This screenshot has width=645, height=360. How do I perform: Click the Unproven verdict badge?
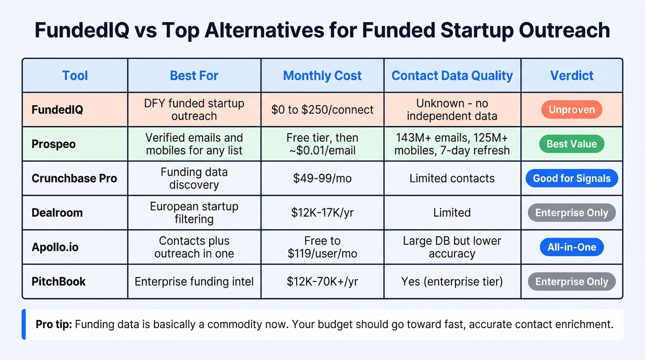571,110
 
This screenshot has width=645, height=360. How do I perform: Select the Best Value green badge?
571,144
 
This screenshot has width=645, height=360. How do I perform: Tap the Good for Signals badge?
571,178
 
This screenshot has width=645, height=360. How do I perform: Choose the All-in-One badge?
571,247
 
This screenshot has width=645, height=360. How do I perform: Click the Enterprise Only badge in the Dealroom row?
571,213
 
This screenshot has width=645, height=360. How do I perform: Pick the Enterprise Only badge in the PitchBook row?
571,282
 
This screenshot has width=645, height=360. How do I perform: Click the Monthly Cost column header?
322,76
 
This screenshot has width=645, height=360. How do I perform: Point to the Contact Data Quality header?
452,76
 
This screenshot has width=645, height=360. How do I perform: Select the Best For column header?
194,76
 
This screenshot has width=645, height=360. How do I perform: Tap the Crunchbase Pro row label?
74,178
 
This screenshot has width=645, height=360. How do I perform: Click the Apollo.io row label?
55,247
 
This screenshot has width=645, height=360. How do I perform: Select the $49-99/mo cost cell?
322,178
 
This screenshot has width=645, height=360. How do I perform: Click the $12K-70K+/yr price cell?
322,282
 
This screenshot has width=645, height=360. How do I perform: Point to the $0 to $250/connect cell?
322,110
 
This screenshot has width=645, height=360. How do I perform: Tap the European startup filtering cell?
194,212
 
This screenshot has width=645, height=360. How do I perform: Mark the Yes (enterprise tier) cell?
452,282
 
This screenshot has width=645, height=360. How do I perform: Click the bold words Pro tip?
53,324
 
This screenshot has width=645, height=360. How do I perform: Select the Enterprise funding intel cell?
194,282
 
